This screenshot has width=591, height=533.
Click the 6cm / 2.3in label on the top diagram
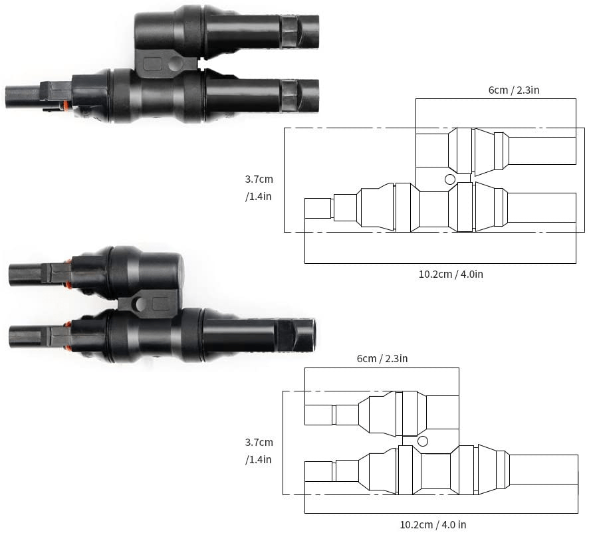point(514,88)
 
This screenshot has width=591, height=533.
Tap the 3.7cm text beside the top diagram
point(259,179)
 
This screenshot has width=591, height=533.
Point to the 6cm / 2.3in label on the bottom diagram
point(382,359)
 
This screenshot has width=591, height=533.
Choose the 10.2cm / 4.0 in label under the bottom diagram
point(433,524)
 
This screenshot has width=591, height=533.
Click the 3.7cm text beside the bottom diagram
point(259,442)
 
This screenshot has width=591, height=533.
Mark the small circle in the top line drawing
point(450,179)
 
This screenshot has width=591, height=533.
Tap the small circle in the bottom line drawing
point(422,441)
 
